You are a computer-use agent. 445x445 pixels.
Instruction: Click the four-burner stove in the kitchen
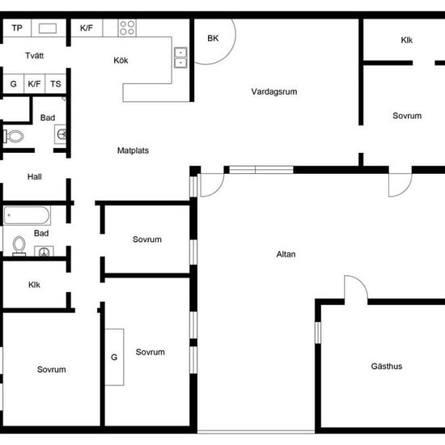tap(127, 28)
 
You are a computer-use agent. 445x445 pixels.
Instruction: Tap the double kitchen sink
tap(180, 57)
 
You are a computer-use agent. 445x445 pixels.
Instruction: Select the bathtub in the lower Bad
tap(27, 215)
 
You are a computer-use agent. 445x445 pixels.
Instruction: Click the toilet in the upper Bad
tap(13, 136)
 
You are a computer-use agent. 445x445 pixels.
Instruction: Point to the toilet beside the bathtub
tap(19, 246)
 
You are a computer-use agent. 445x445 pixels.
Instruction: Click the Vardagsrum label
tap(274, 91)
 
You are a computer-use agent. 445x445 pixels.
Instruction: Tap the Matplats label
tap(133, 150)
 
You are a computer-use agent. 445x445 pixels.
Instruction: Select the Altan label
tap(286, 254)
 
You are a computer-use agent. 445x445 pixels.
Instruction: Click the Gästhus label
tap(387, 366)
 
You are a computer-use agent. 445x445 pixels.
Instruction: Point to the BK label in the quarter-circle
tap(213, 38)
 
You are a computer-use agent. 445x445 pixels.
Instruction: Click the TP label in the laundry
tap(17, 28)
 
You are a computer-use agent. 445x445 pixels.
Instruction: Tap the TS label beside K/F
tap(56, 84)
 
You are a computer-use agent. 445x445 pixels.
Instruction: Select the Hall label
tap(34, 177)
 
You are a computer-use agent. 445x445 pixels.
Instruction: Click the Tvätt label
tap(34, 55)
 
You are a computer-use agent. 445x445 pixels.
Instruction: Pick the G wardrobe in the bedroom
tap(114, 357)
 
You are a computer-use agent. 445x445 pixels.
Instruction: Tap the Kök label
tap(121, 60)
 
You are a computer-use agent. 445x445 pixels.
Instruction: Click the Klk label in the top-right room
tap(407, 40)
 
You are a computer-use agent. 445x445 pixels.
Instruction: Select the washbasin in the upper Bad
tap(61, 134)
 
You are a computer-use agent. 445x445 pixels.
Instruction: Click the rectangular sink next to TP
tap(48, 28)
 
